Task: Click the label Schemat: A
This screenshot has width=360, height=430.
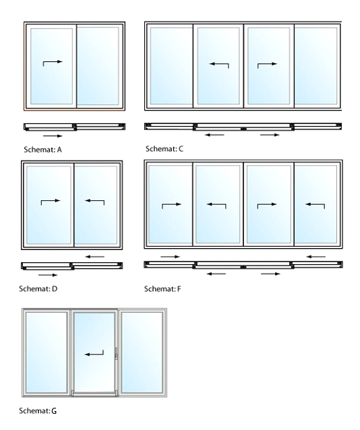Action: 42,150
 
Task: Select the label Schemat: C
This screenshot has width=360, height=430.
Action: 164,149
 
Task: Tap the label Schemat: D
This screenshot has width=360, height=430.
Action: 38,288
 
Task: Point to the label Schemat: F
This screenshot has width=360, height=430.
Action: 162,288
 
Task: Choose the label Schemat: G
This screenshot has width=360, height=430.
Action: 38,411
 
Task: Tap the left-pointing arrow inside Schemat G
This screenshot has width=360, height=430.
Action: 94,354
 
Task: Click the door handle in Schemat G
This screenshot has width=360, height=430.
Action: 117,353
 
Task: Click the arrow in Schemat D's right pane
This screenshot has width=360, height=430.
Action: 94,201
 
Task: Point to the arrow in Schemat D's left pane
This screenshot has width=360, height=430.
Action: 51,201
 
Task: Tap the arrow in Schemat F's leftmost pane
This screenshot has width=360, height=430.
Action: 171,205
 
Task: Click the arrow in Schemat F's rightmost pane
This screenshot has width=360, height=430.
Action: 315,205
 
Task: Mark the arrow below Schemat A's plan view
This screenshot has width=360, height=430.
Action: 53,135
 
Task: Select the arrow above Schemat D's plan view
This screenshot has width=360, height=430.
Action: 94,257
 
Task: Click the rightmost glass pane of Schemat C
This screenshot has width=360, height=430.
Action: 316,66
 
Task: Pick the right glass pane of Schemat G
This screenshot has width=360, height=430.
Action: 142,352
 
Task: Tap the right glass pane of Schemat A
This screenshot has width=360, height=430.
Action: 98,66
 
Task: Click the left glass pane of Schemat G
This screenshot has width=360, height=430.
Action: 47,352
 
